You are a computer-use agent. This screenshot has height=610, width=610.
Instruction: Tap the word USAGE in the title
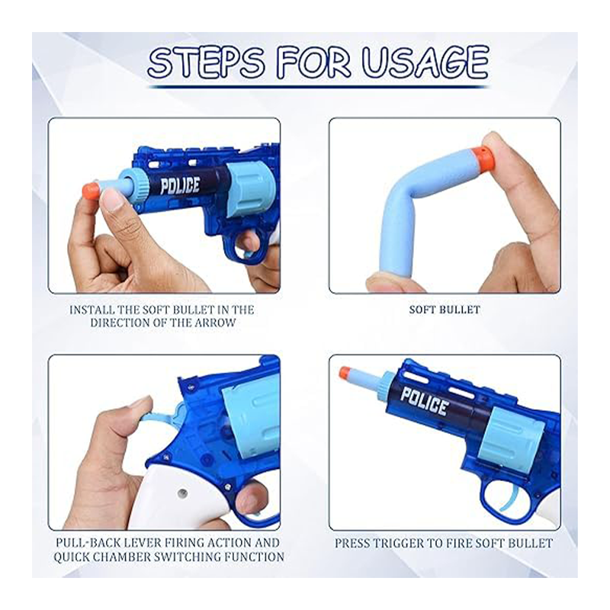pyautogui.click(x=425, y=63)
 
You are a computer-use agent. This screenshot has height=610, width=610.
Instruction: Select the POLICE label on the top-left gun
pyautogui.click(x=180, y=185)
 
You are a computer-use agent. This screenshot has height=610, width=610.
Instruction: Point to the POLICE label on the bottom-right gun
pyautogui.click(x=425, y=401)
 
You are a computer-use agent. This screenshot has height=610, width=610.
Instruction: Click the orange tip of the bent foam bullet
pyautogui.click(x=483, y=155)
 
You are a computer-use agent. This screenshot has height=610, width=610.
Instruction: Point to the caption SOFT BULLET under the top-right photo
pyautogui.click(x=445, y=310)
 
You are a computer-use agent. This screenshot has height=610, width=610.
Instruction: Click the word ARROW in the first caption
pyautogui.click(x=216, y=323)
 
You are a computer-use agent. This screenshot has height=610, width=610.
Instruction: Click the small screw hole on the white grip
pyautogui.click(x=181, y=493)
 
